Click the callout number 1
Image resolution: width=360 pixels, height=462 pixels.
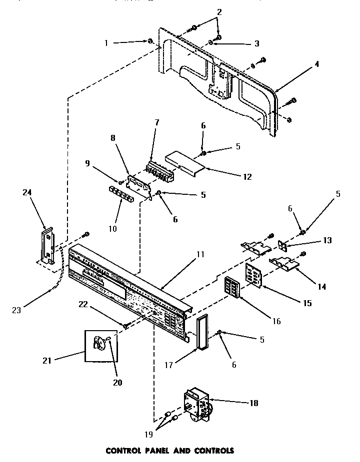[106, 43]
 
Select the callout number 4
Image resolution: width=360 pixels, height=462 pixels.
[317, 64]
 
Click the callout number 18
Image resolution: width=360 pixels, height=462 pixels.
[254, 403]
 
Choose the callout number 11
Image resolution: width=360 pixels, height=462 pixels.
[200, 254]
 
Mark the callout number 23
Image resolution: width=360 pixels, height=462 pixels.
[17, 310]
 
